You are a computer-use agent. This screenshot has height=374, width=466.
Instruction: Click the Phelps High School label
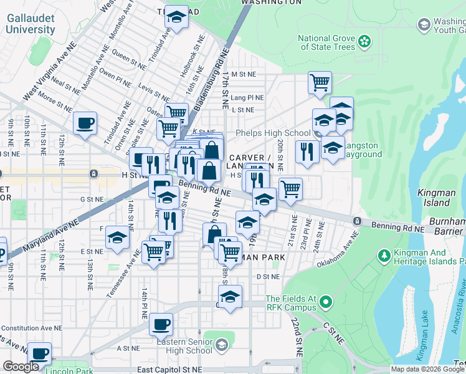coord(273,133)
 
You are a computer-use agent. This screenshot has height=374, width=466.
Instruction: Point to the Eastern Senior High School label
coord(184,346)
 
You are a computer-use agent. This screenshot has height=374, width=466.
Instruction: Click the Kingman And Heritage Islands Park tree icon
coord(384,256)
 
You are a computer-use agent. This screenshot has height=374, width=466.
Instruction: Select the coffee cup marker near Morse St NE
coord(85,123)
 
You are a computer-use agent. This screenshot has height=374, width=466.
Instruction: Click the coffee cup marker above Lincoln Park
coord(40,353)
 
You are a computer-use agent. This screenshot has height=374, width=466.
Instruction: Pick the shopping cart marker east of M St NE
coord(320,82)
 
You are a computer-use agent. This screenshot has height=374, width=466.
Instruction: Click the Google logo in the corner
coord(21,367)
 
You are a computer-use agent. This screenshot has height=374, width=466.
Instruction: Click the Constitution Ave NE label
coord(29,328)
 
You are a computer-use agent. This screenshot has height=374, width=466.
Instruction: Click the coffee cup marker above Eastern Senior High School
coord(161,324)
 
